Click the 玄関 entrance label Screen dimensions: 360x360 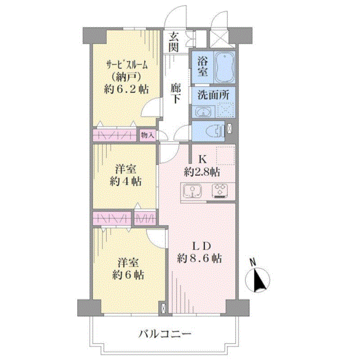(x=174, y=42)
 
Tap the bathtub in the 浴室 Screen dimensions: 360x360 (x=224, y=67)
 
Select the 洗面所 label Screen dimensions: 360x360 (x=213, y=95)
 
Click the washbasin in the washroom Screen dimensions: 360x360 (x=203, y=112)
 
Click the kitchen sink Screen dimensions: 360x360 (x=192, y=191)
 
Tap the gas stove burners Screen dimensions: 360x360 (x=220, y=190)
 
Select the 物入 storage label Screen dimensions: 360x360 (x=147, y=135)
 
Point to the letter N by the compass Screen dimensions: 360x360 (x=253, y=262)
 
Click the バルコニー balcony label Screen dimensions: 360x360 (x=165, y=334)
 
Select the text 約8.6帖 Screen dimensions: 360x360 (x=199, y=258)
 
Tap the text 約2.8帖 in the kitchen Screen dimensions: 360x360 (x=202, y=172)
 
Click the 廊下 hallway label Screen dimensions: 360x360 (x=175, y=94)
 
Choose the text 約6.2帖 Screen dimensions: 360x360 (x=126, y=89)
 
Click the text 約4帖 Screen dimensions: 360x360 (x=125, y=182)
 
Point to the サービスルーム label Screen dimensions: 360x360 (x=126, y=66)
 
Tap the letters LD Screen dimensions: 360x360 (x=201, y=246)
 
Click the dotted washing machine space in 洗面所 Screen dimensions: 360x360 (x=226, y=110)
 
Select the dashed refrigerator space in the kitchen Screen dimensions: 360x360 (x=226, y=155)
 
